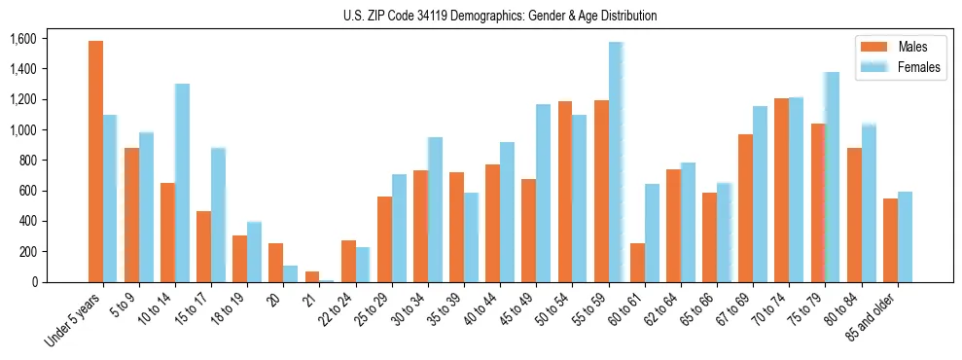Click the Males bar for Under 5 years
95,162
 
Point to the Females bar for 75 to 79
832,177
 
